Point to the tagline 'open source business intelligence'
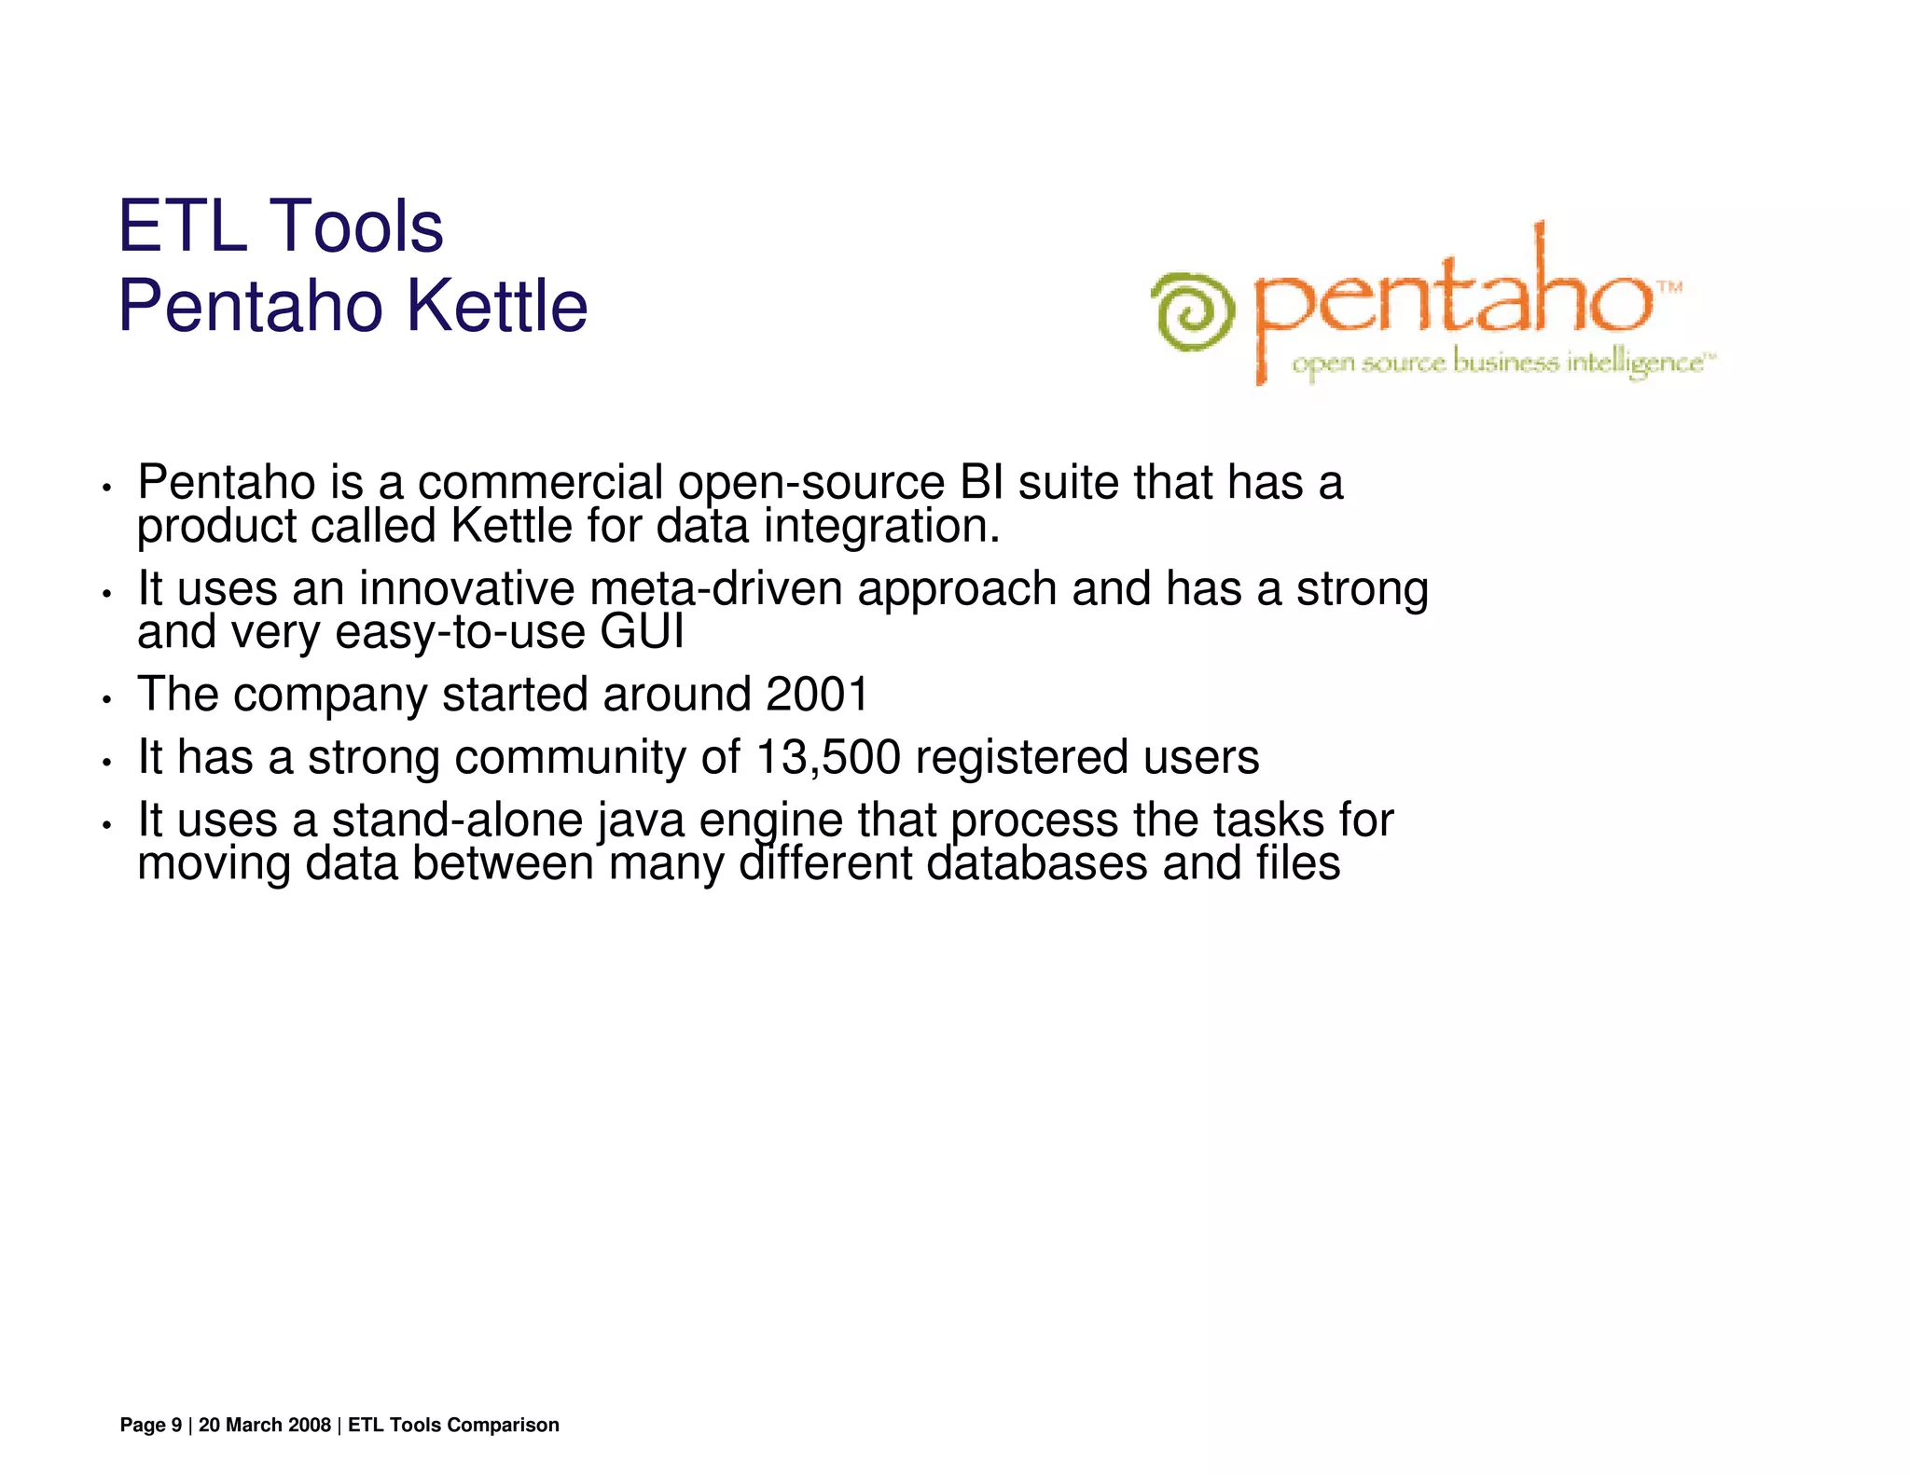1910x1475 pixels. [x=1502, y=363]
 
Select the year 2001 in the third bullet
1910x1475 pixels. [x=817, y=695]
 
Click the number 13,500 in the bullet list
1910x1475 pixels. [x=828, y=757]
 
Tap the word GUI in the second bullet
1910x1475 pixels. [x=642, y=632]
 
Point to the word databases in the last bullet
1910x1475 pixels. [x=1036, y=863]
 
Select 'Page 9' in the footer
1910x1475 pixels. [x=151, y=1425]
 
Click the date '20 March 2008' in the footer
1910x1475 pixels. [x=265, y=1425]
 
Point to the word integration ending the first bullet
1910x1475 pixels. [x=881, y=527]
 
